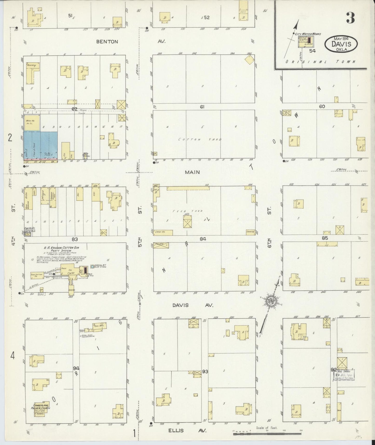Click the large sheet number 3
(350, 18)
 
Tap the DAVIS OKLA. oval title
(341, 44)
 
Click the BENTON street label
(107, 42)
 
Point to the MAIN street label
(192, 172)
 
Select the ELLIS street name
(176, 430)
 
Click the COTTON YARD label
(200, 139)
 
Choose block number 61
(202, 106)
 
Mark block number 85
(325, 238)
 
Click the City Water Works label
(308, 34)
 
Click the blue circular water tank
(92, 267)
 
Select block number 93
(205, 372)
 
